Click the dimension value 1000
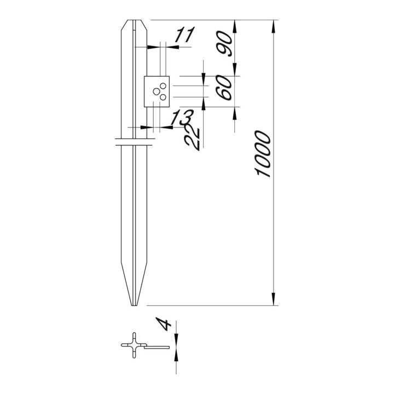point(263,154)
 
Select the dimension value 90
point(224,44)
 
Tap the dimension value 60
point(224,88)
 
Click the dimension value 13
point(182,117)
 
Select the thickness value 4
point(163,324)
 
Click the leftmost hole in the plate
point(156,91)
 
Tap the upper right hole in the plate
point(163,86)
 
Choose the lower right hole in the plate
point(163,97)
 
